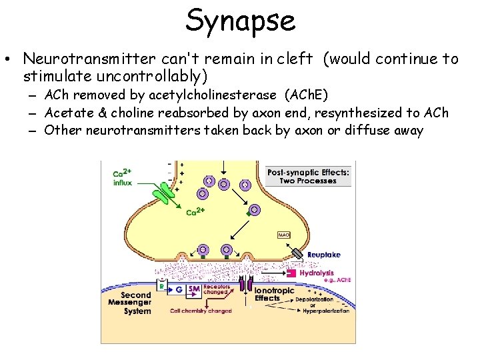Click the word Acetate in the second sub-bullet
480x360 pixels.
[x=67, y=113]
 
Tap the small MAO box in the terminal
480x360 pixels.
[x=283, y=235]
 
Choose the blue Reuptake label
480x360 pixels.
[x=323, y=255]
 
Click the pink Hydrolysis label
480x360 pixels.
[x=317, y=273]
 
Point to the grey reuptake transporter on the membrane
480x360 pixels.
[x=296, y=254]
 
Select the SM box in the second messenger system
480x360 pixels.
[x=193, y=290]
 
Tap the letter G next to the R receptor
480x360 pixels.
[x=178, y=290]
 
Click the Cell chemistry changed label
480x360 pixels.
[x=201, y=311]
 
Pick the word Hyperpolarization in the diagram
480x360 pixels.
[x=322, y=311]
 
